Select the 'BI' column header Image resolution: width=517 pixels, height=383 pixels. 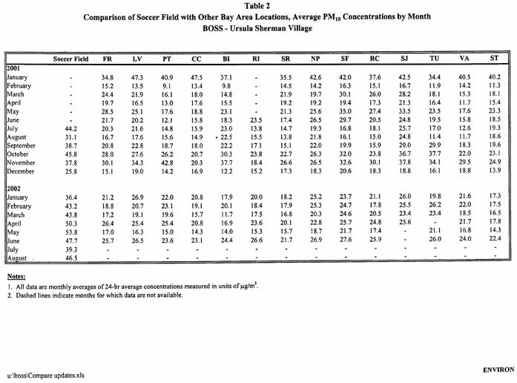225,58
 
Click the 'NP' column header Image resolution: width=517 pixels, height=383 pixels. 316,58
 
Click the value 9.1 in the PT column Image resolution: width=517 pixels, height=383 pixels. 168,85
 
